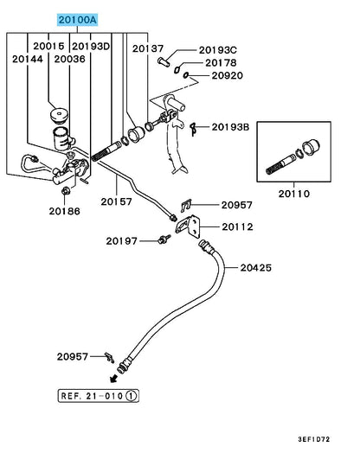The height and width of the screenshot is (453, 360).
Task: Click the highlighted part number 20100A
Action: coord(78,20)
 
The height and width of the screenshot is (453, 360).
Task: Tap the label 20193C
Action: coord(218,50)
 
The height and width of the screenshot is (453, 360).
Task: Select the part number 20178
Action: coord(221,63)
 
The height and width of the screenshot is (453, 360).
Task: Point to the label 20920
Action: coord(228,75)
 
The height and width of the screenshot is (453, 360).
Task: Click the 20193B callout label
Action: coord(230,127)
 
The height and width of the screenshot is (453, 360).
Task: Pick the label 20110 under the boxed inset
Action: coord(294,194)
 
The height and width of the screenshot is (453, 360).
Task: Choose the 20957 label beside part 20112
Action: coord(237,205)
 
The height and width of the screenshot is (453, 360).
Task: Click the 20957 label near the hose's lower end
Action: coord(73,356)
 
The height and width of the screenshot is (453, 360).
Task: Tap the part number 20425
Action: coord(256,268)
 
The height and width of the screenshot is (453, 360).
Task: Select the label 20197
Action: coord(121,241)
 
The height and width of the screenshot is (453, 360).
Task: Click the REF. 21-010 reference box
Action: coord(99,396)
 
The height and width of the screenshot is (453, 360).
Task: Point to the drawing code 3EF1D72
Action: coord(314,439)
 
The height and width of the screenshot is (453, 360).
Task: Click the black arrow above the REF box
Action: coord(114,378)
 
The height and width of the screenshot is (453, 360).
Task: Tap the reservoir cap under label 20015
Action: coord(59,116)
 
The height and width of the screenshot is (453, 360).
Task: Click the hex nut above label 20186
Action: coord(66,190)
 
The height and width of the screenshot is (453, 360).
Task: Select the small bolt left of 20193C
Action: coord(164,62)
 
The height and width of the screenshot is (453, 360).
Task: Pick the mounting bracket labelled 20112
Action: coord(188,226)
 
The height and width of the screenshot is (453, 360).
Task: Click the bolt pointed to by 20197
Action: coord(164,239)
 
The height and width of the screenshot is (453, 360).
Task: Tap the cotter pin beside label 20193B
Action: coord(193,129)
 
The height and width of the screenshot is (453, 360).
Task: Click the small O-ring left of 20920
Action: coord(186,75)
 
